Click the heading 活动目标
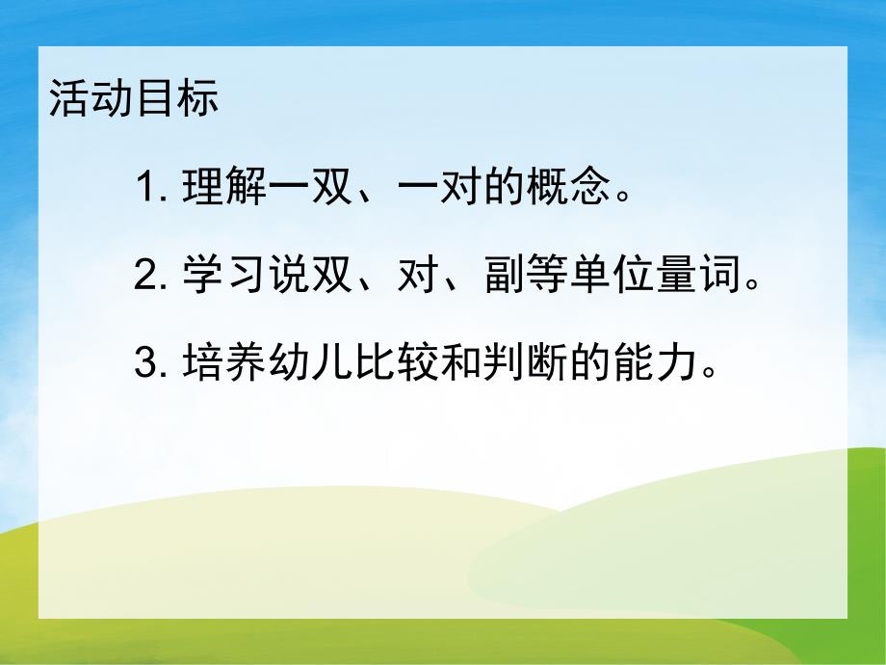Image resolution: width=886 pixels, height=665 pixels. [134, 100]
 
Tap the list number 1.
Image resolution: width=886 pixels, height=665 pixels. [147, 189]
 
